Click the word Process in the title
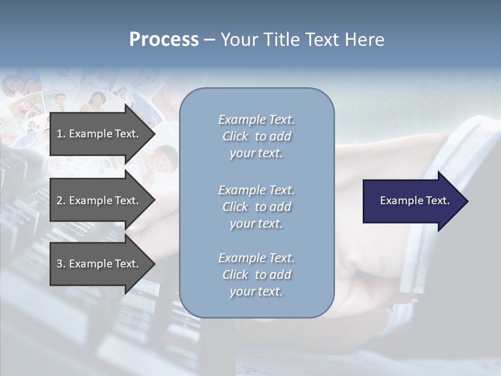[164, 40]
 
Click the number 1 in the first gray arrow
[59, 134]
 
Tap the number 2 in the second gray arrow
[59, 201]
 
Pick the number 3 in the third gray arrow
[59, 264]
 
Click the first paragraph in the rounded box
[256, 136]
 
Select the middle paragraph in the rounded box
[256, 207]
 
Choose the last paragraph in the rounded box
[256, 275]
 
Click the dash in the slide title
[209, 40]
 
